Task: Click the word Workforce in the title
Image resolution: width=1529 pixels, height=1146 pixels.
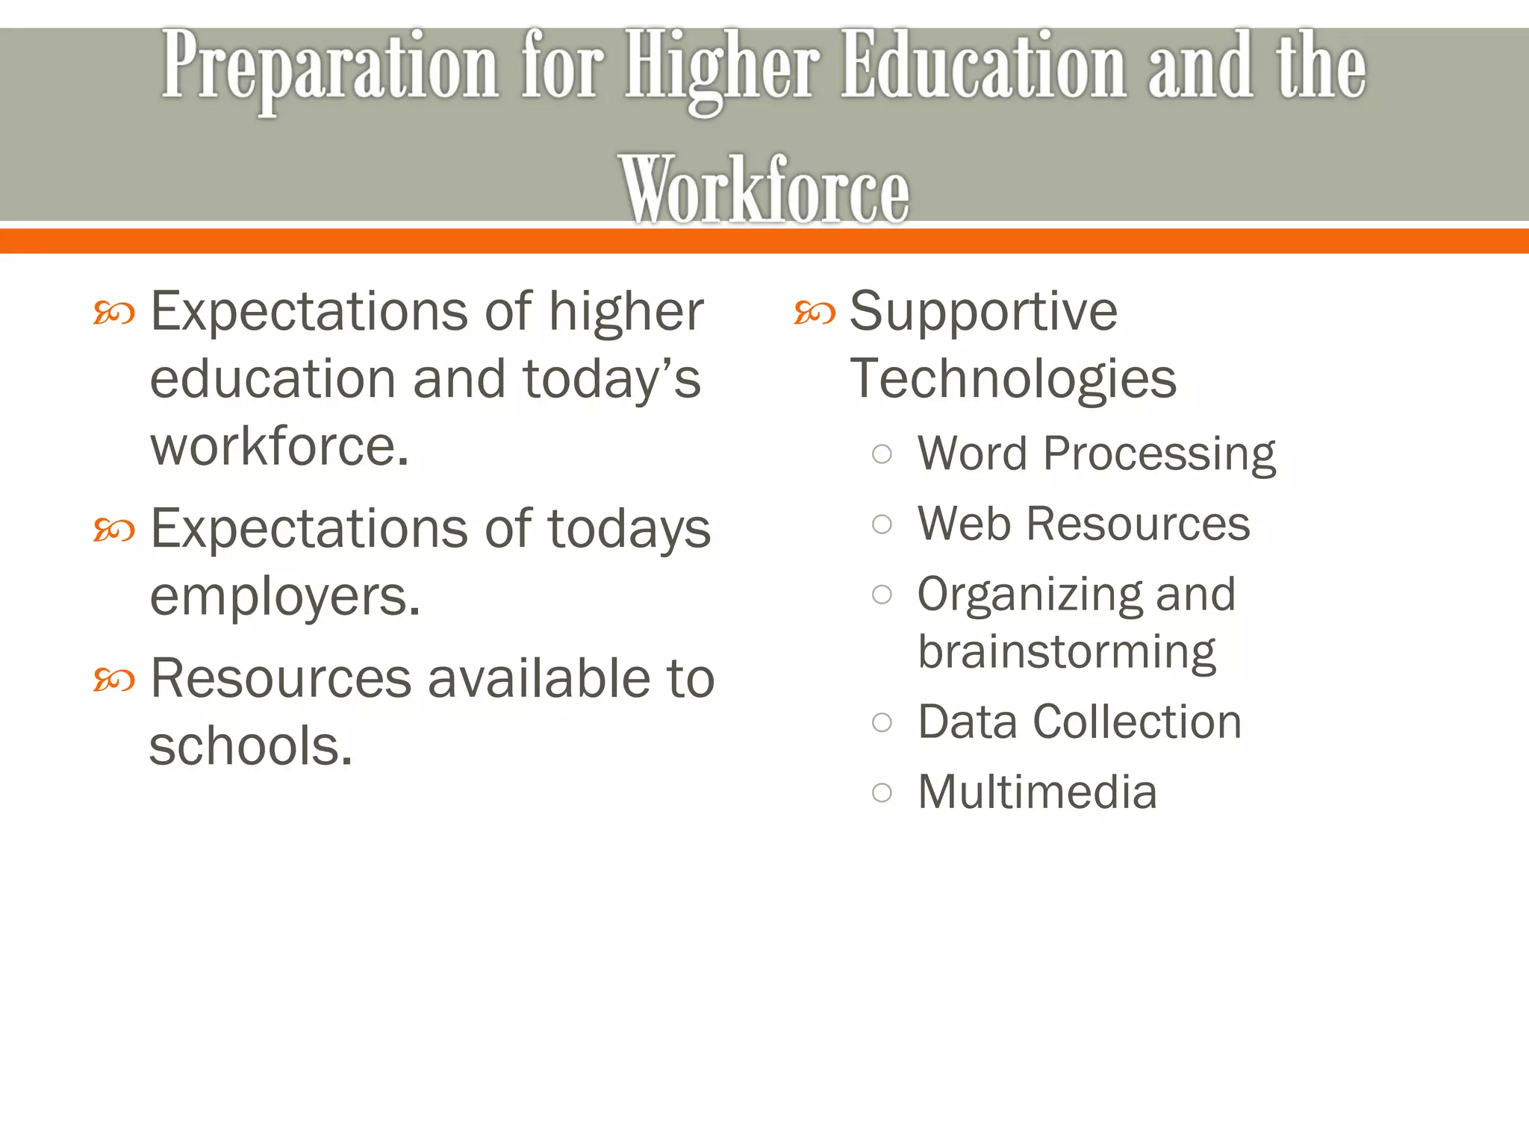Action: click(x=764, y=190)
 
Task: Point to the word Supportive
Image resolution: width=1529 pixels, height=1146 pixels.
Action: click(x=983, y=311)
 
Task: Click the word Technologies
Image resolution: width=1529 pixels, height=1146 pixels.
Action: click(x=1013, y=379)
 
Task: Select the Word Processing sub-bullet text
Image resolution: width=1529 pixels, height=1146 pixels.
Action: click(x=1096, y=454)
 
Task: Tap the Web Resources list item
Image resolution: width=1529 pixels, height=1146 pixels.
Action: click(x=1083, y=524)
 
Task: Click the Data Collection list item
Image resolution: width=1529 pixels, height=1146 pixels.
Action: click(x=1080, y=722)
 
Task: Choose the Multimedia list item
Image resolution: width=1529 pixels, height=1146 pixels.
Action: click(x=1037, y=792)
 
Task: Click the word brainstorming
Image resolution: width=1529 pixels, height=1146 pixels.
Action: click(x=1067, y=653)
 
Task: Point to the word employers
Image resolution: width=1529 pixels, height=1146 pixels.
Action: click(x=284, y=598)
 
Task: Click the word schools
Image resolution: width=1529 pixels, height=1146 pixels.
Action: click(x=250, y=746)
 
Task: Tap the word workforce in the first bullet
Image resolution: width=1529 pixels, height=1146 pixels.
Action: click(x=279, y=447)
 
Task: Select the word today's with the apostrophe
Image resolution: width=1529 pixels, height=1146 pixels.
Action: click(x=611, y=379)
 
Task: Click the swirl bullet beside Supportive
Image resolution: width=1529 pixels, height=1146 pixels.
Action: click(x=815, y=313)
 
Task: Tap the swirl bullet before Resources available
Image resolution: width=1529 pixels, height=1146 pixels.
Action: click(x=114, y=680)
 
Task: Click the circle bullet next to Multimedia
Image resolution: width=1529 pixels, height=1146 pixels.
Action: click(x=882, y=792)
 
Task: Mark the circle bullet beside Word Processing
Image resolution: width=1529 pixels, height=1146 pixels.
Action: click(x=882, y=454)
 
